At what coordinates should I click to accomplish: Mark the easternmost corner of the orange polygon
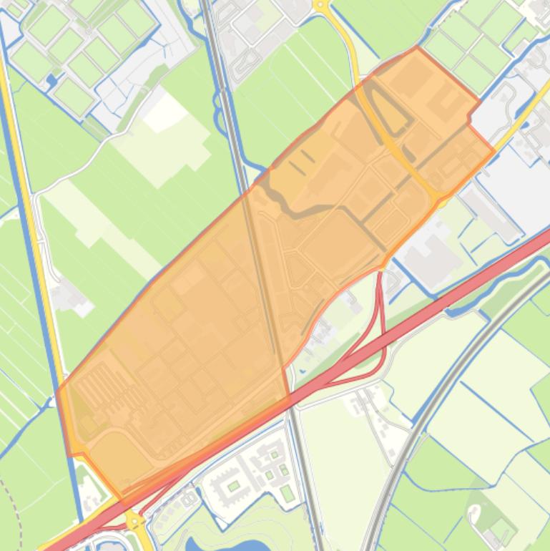pyautogui.click(x=494, y=151)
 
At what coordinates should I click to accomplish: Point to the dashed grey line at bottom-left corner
pyautogui.click(x=14, y=515)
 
